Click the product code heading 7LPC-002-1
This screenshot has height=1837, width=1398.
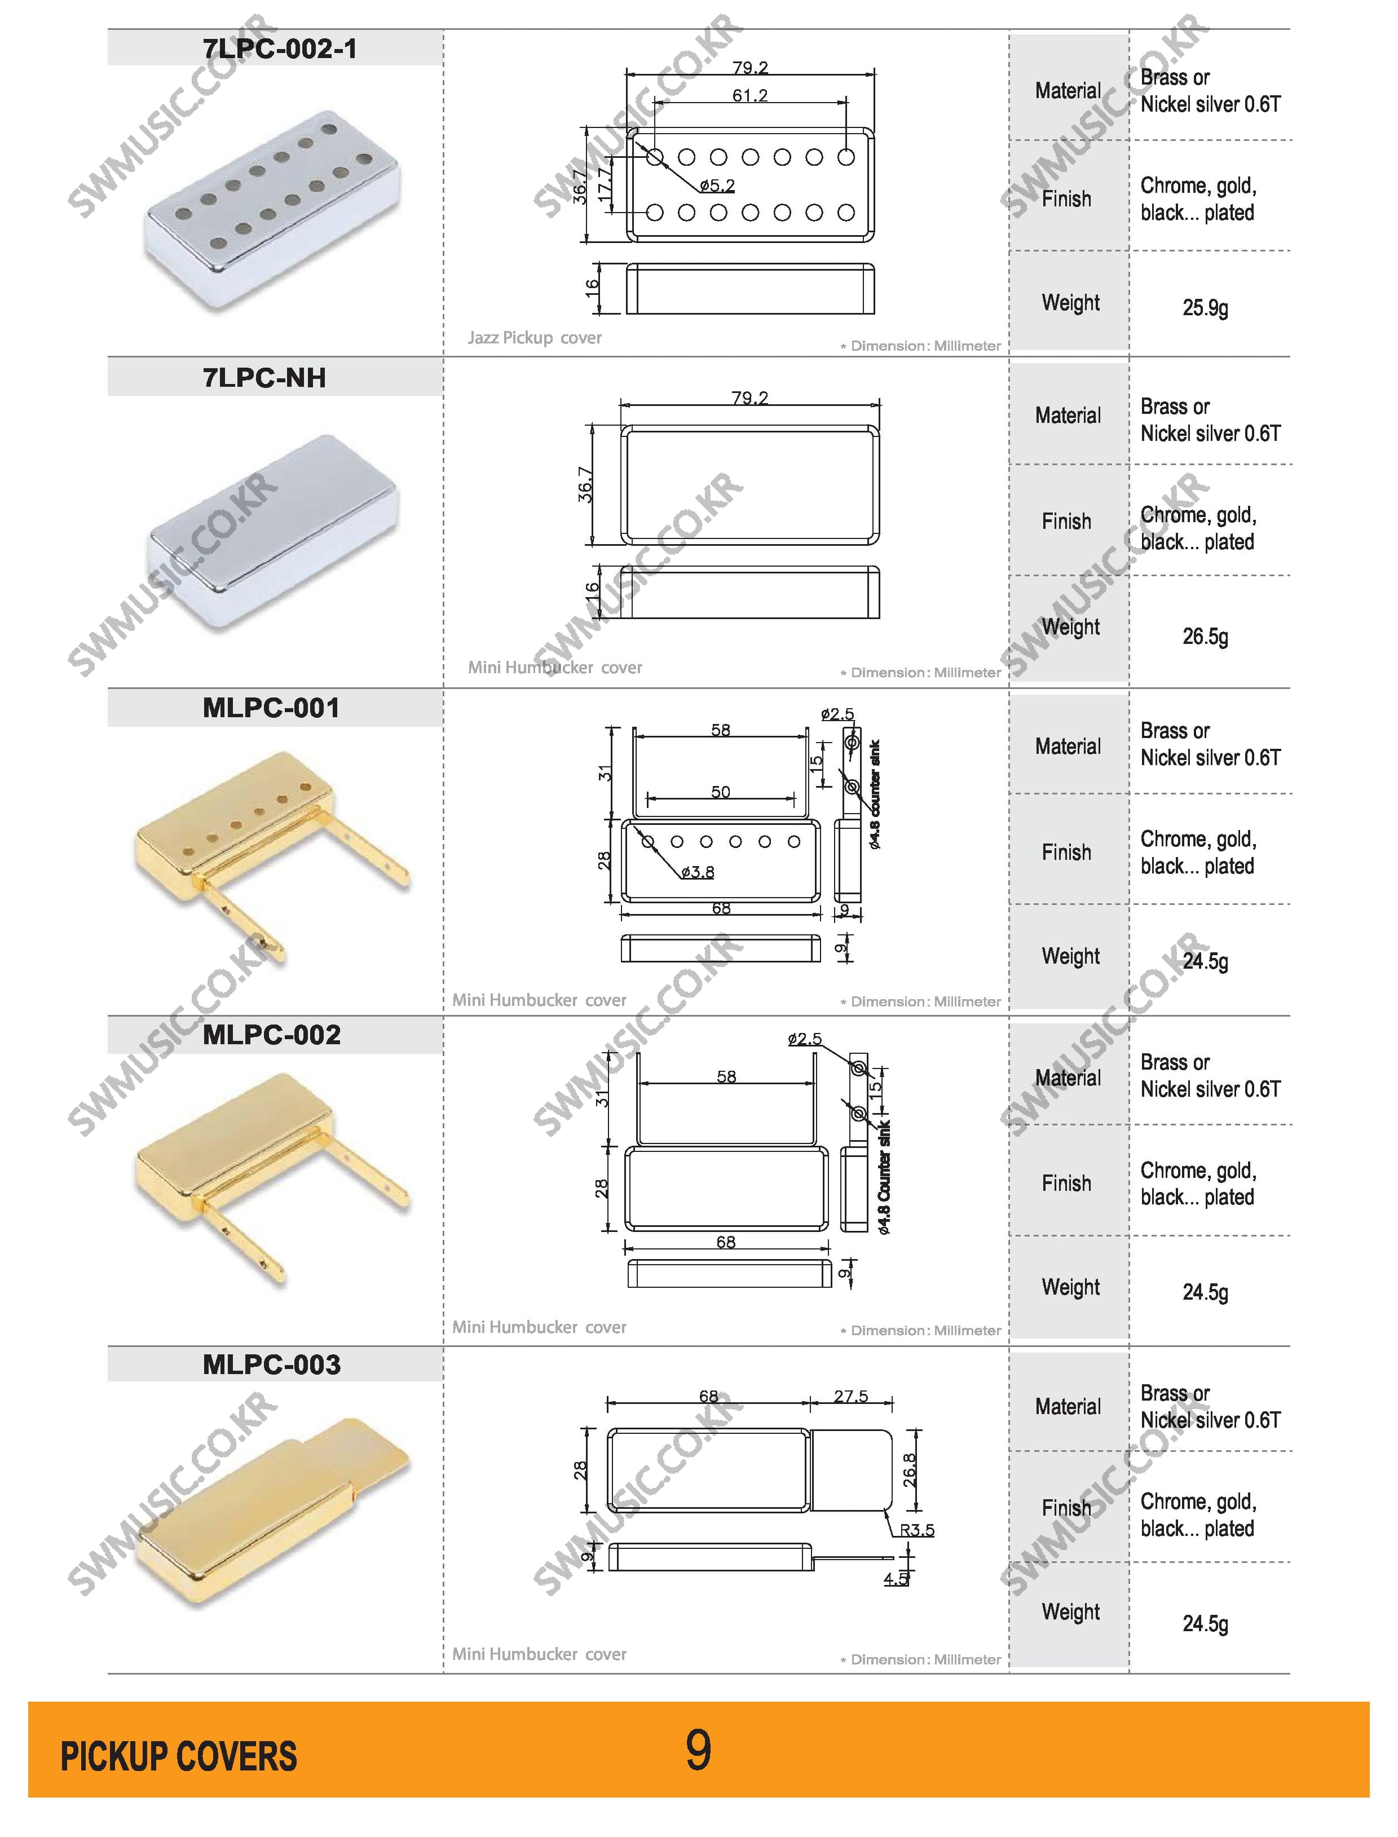point(280,49)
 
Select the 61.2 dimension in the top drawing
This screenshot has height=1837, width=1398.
point(750,96)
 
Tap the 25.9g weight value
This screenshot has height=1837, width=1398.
point(1205,308)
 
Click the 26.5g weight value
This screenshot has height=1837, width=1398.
point(1205,637)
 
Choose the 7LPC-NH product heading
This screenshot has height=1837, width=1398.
point(264,378)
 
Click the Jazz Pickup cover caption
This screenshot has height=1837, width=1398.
point(534,338)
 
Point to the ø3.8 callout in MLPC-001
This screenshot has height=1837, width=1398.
point(698,872)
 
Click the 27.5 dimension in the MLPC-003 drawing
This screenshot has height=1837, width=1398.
point(850,1396)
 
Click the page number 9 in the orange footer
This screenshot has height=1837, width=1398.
point(698,1749)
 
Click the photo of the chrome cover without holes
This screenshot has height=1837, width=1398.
point(273,532)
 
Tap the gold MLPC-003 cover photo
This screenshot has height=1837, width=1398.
point(273,1510)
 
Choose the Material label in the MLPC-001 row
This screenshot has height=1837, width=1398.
point(1068,747)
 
